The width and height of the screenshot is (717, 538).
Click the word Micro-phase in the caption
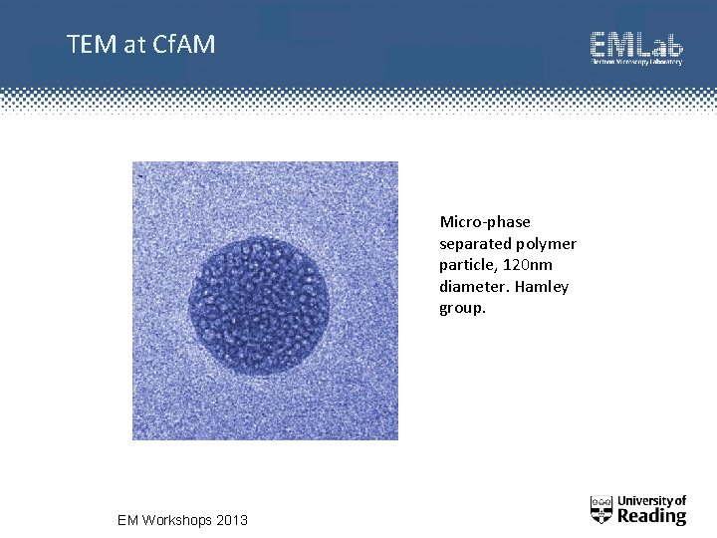click(x=485, y=221)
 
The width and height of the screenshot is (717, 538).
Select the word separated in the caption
click(x=474, y=243)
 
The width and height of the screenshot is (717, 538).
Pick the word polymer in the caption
click(x=547, y=243)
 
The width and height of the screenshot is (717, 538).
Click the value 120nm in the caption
click(x=529, y=265)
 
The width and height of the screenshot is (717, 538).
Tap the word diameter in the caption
click(x=470, y=287)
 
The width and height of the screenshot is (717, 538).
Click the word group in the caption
click(x=461, y=308)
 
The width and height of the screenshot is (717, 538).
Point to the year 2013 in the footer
click(x=232, y=520)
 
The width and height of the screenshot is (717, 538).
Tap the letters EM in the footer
click(x=128, y=520)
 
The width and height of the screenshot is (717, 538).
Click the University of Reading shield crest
click(x=601, y=509)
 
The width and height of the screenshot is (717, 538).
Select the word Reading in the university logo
click(x=652, y=516)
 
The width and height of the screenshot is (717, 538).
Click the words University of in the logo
click(x=652, y=500)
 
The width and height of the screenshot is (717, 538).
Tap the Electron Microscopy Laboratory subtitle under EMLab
click(x=636, y=63)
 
